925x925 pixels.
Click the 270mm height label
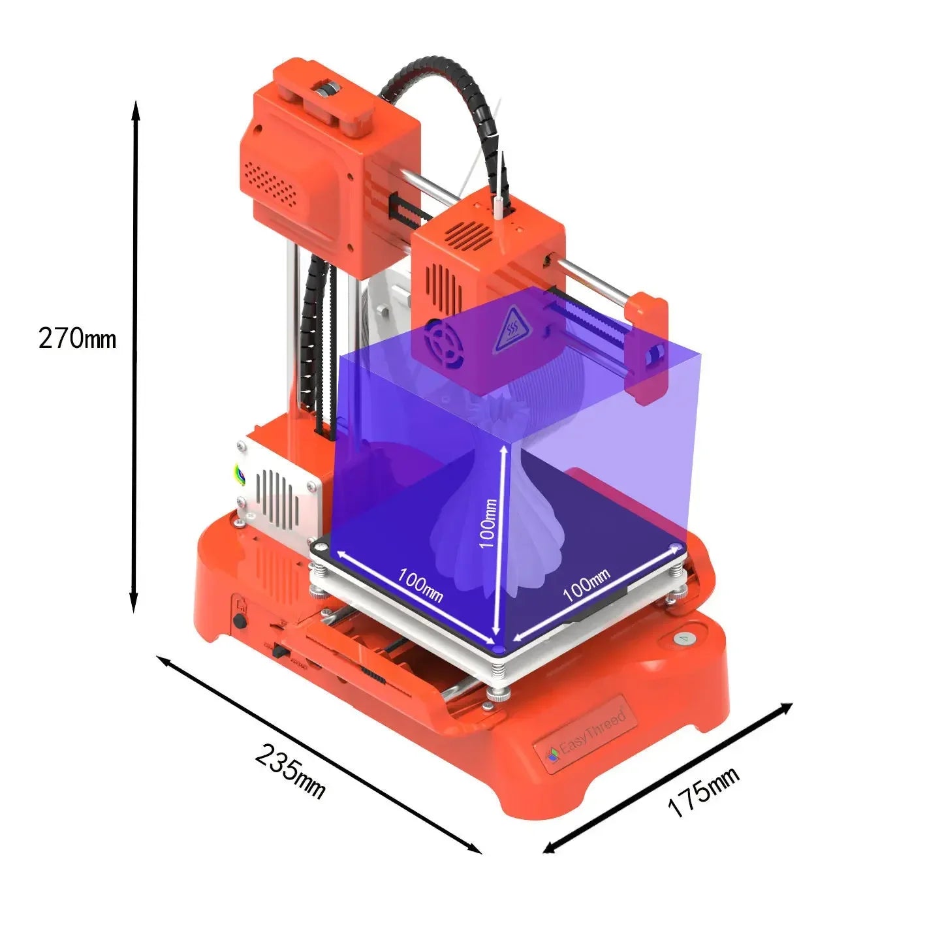pos(77,339)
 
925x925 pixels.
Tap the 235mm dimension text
pos(289,770)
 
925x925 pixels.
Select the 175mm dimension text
pos(703,792)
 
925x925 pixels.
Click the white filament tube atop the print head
pos(498,204)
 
